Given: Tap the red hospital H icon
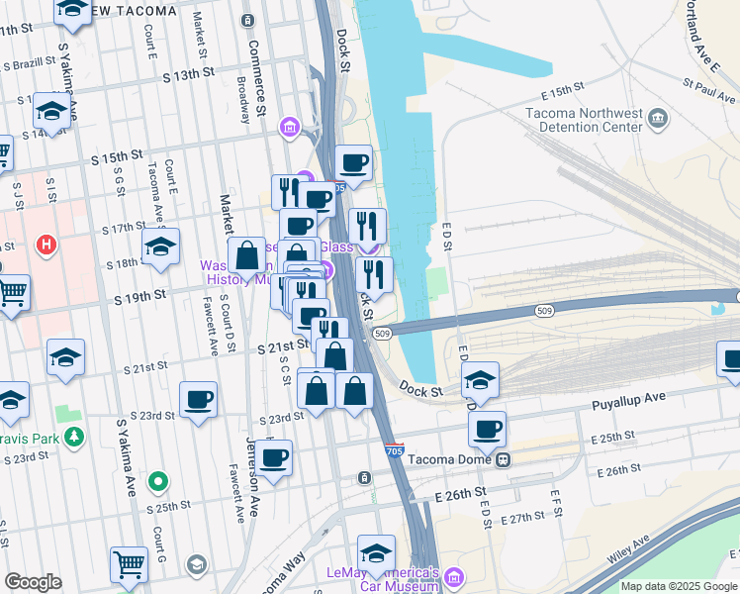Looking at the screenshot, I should [45, 244].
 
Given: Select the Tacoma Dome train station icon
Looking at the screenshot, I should [504, 459].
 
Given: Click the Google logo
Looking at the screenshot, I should [33, 582].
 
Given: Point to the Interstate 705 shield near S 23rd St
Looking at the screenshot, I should [395, 450].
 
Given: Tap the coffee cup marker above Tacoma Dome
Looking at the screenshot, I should [487, 429].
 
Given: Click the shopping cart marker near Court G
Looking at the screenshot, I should [130, 565].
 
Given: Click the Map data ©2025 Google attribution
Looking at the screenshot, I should [678, 586].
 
